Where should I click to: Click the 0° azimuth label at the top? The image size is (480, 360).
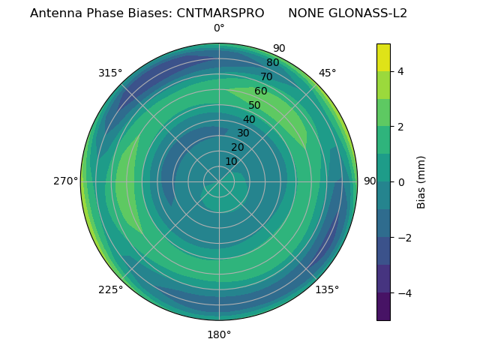(219, 28)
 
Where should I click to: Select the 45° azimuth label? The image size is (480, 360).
(327, 73)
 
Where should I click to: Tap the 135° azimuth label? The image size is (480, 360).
(327, 289)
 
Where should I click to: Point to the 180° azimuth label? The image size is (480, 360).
(219, 334)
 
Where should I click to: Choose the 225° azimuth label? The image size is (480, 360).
(110, 289)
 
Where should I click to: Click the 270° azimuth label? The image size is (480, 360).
(66, 181)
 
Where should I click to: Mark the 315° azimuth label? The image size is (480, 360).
(110, 73)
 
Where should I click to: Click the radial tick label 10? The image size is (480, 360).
(231, 161)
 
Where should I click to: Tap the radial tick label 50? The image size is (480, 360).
(254, 106)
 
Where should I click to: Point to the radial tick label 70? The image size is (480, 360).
(266, 77)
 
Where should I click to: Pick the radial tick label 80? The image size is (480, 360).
(272, 63)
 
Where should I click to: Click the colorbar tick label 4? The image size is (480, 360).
(401, 71)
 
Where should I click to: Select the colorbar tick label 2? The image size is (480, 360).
(401, 127)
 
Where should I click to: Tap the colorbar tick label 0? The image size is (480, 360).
(401, 182)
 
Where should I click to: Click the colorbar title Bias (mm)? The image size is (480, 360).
(421, 182)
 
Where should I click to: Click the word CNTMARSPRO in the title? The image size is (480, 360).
(220, 13)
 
